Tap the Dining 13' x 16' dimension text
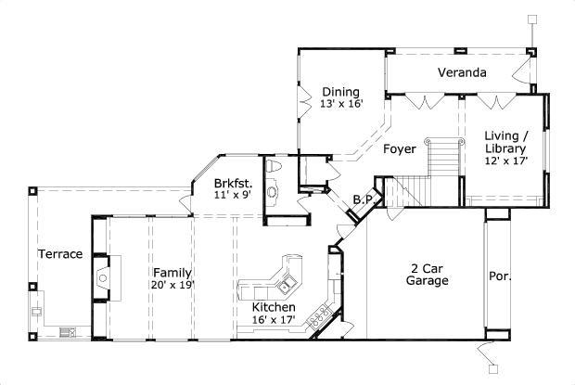tap(339, 105)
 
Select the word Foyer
tap(399, 148)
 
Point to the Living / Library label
tap(505, 142)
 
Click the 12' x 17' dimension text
tap(505, 160)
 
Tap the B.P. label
tap(364, 199)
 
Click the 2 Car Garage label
tap(429, 274)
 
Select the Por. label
tap(500, 276)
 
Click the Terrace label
tap(60, 254)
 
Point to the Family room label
tap(172, 273)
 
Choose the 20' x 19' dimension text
tap(172, 286)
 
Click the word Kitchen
tap(274, 307)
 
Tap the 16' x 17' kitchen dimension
tap(274, 320)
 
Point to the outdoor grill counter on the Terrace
tap(67, 331)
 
